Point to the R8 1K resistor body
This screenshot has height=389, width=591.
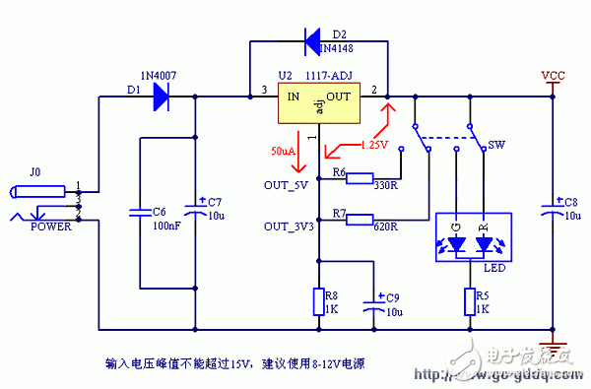point(318,301)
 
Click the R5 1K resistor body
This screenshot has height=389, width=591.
point(467,301)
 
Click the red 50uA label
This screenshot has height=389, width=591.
point(283,152)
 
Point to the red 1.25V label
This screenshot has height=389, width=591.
point(373,145)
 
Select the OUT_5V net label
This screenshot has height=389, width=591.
point(287,184)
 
